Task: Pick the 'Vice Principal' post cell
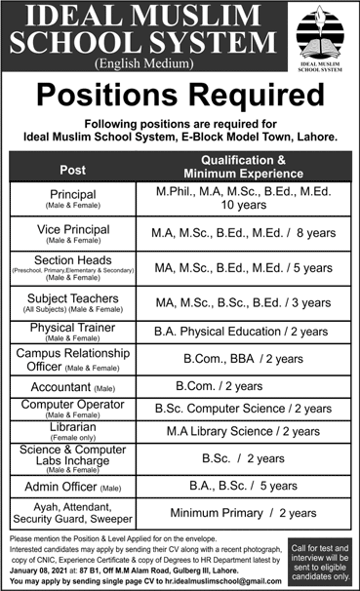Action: point(73,234)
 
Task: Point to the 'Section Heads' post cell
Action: point(73,267)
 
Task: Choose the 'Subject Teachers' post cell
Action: point(73,301)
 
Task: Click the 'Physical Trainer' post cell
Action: point(73,332)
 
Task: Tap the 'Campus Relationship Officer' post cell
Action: point(73,359)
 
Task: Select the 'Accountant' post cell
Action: point(73,385)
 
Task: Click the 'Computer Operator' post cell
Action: point(73,409)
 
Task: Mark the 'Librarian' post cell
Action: point(73,431)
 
